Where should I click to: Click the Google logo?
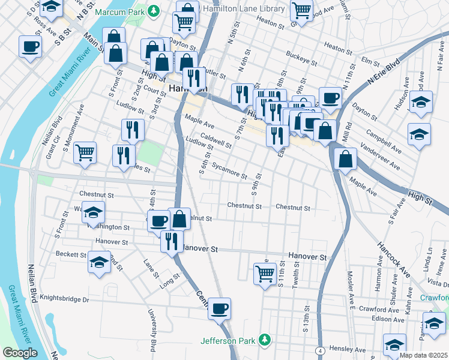19,353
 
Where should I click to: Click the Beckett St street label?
71,254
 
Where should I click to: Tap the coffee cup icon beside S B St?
30,47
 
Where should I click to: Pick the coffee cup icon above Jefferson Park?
220,308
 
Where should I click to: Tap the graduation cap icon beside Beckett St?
99,262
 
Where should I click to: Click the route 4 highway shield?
322,350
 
